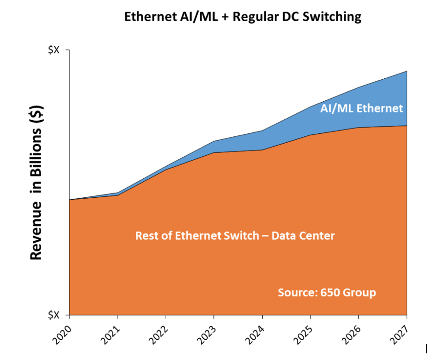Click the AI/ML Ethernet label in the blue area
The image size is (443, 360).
[361, 108]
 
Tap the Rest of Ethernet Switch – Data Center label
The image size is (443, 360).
[235, 236]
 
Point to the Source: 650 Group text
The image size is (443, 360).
[327, 292]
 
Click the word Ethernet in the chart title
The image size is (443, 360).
[145, 17]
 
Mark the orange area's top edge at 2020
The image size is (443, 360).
[70, 200]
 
